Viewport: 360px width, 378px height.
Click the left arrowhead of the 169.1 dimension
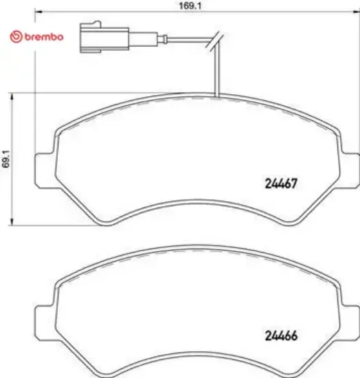(37, 12)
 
